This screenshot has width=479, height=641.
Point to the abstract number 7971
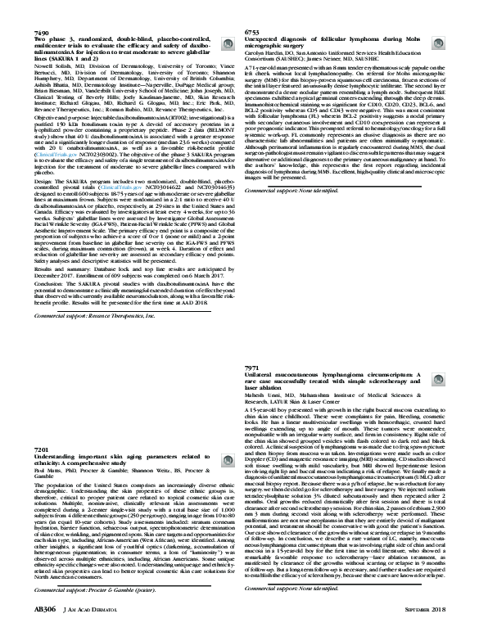tap(253, 369)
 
